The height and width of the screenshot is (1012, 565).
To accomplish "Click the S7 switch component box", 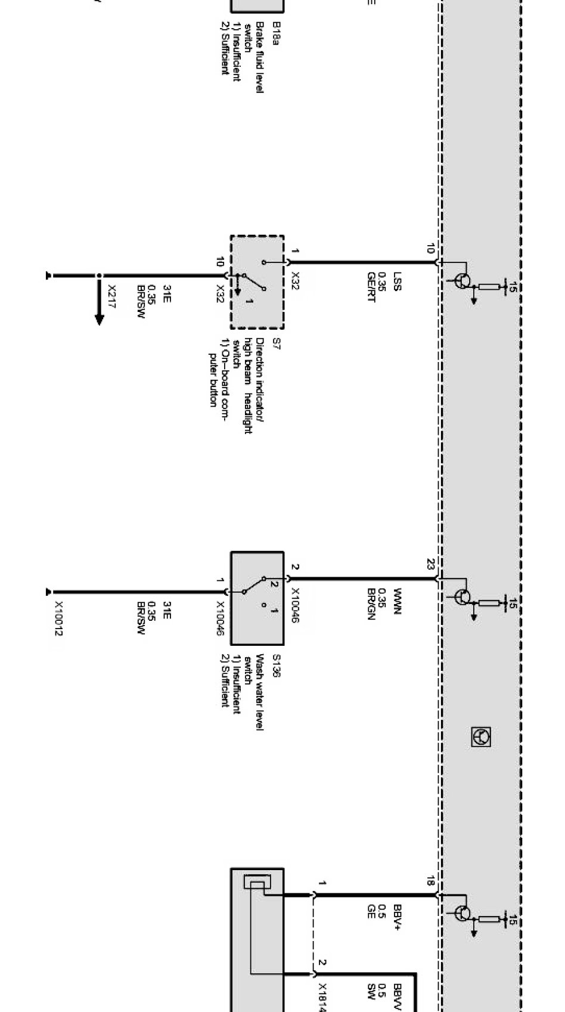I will click(257, 282).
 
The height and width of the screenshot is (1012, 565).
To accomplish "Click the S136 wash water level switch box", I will click(257, 598).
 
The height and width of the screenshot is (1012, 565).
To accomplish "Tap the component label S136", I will click(276, 666).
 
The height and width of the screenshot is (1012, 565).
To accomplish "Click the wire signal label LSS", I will click(398, 281).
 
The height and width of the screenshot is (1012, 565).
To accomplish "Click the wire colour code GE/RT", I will click(371, 287).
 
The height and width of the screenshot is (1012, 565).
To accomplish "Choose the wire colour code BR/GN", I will click(371, 604).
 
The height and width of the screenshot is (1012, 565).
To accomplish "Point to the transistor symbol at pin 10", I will click(462, 281).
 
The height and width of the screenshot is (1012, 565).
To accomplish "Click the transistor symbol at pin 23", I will click(462, 597).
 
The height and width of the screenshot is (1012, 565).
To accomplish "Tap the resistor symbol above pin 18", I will click(489, 919).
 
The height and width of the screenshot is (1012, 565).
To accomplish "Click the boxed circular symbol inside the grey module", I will click(481, 737).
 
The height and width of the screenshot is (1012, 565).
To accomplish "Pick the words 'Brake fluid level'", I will click(260, 57).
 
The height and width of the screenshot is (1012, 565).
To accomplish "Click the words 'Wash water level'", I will click(260, 692).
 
